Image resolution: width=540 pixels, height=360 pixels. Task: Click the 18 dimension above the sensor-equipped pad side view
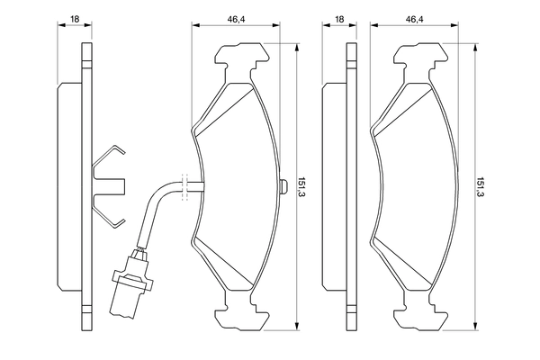(76, 18)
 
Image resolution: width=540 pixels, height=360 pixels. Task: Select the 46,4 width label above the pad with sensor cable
(237, 18)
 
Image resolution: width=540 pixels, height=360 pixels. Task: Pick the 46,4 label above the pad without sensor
(415, 18)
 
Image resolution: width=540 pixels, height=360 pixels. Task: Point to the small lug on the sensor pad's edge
(283, 186)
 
